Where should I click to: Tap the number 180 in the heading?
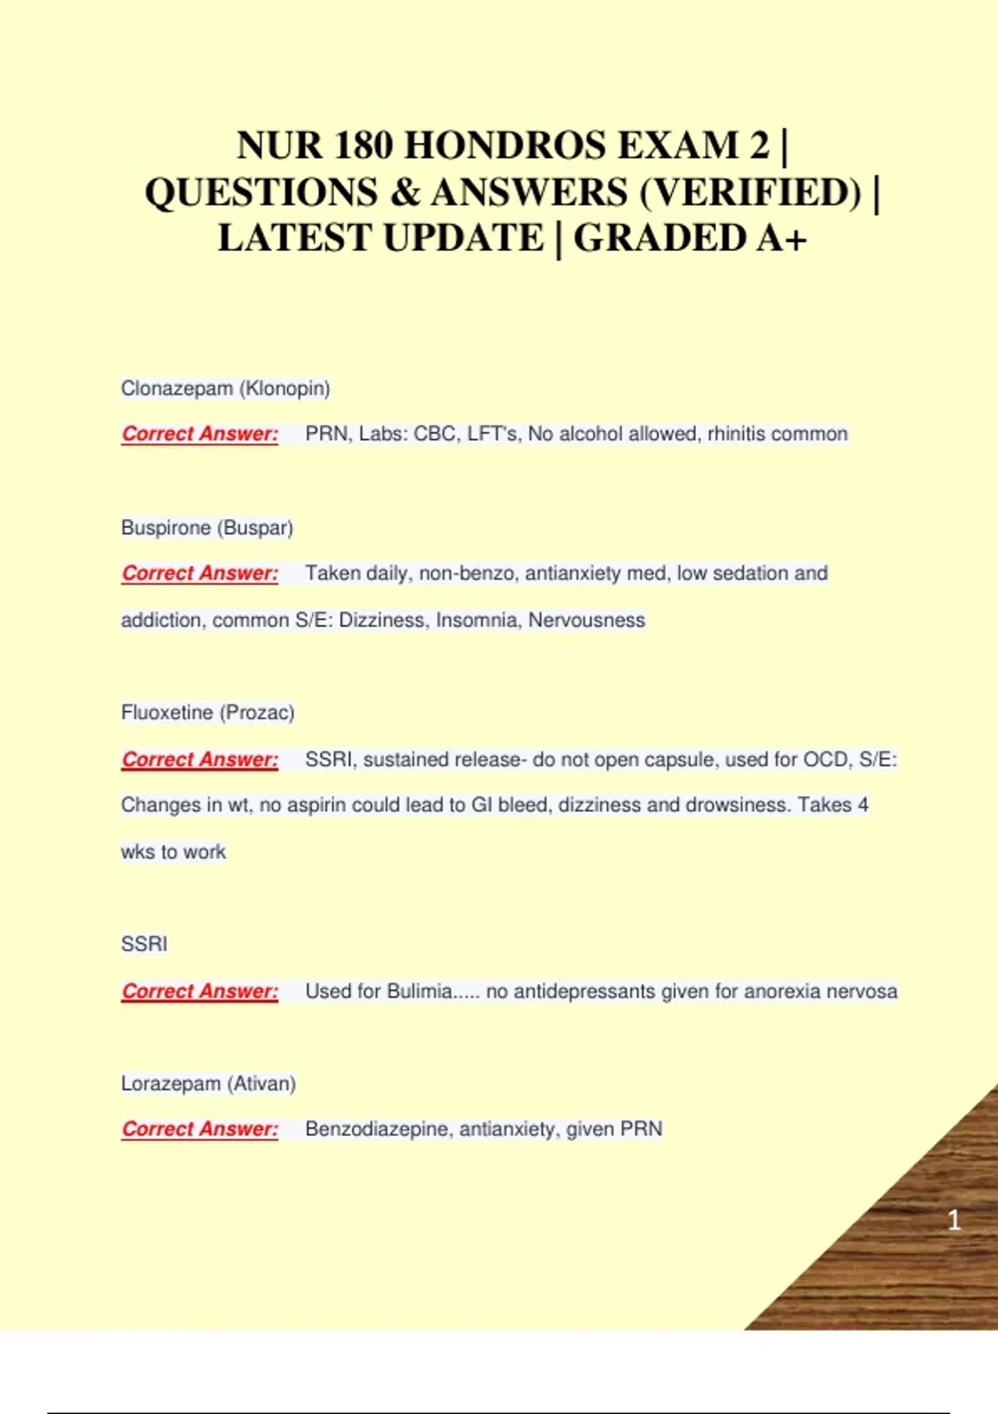pos(363,146)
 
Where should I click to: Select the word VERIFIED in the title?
pos(751,192)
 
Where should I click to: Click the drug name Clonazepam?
pos(176,388)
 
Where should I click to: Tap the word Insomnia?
pos(476,620)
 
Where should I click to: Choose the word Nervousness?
pos(586,620)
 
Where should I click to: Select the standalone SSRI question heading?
pos(144,944)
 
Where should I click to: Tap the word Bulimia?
pos(419,991)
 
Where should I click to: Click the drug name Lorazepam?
pos(170,1084)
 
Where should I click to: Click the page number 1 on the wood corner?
pos(954,1220)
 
